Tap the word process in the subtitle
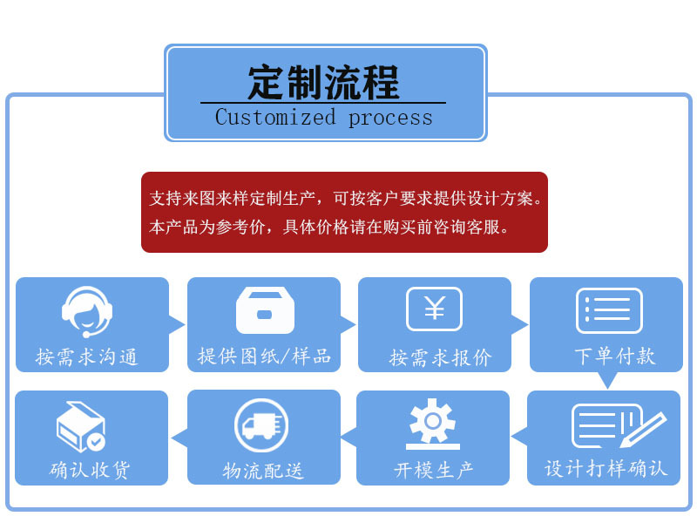390,118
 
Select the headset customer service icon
87,310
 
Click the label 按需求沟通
87,357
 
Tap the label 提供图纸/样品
264,357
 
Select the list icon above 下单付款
609,310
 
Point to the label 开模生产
434,471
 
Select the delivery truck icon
261,425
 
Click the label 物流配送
263,472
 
